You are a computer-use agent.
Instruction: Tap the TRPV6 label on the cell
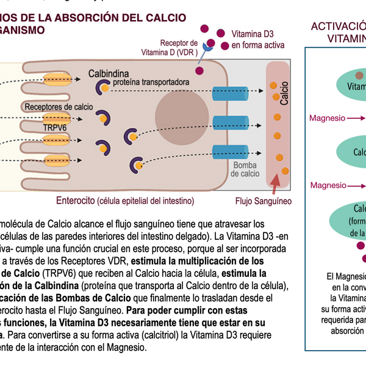pyautogui.click(x=56, y=127)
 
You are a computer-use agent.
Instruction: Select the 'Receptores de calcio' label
pyautogui.click(x=59, y=107)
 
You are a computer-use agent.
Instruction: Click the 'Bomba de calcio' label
pyautogui.click(x=246, y=170)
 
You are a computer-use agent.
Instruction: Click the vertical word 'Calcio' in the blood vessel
pyautogui.click(x=285, y=91)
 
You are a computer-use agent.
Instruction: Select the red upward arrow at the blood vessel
pyautogui.click(x=276, y=182)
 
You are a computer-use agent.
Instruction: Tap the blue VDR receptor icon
pyautogui.click(x=209, y=46)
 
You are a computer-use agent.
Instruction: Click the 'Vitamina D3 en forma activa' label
pyautogui.click(x=258, y=40)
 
